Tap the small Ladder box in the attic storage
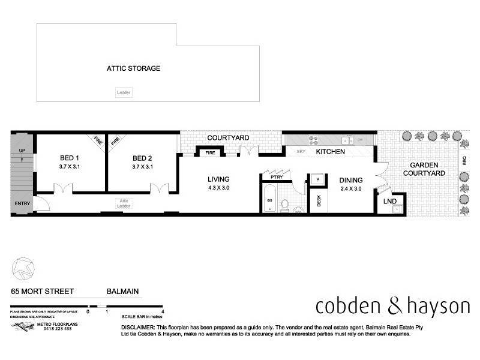click(x=124, y=92)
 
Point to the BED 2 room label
click(x=143, y=158)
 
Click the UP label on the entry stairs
click(x=22, y=151)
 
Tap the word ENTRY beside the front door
click(x=22, y=203)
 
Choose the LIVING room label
click(x=219, y=179)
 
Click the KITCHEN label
click(x=331, y=152)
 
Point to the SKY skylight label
click(x=301, y=152)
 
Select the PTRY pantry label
click(x=277, y=177)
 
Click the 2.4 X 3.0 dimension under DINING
click(x=351, y=188)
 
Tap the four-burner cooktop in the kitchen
click(x=313, y=140)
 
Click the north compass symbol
click(x=22, y=266)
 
